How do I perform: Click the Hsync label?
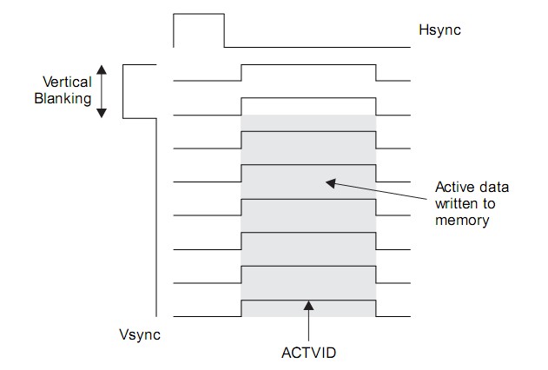pos(439,30)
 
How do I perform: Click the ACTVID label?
pos(308,353)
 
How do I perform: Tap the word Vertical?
pos(67,82)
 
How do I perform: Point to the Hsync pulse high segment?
pos(199,14)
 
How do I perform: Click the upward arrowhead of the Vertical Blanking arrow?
pos(102,69)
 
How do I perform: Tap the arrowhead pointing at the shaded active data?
pos(327,182)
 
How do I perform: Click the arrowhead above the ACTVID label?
pos(308,303)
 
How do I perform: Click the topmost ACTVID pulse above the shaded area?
pos(308,64)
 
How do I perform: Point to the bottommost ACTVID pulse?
pos(308,300)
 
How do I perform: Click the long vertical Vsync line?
pos(156,217)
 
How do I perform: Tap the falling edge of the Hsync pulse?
pos(224,30)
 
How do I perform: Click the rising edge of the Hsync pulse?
pos(174,30)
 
